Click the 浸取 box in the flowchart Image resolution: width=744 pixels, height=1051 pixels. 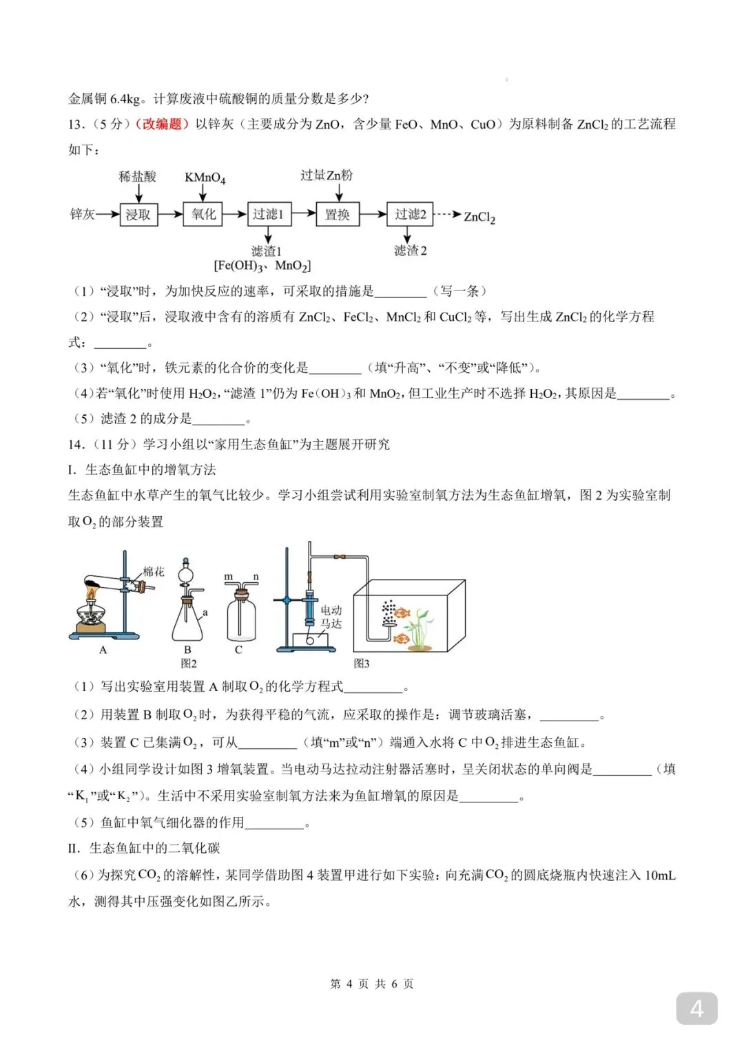click(138, 215)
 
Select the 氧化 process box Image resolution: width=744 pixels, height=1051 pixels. click(203, 215)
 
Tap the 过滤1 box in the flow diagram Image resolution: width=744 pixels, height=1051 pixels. click(268, 215)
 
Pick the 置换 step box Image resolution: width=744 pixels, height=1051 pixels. click(337, 215)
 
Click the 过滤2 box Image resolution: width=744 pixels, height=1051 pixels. click(410, 215)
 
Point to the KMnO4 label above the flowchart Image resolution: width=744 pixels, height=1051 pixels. click(205, 178)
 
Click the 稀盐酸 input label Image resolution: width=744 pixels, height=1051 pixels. click(138, 177)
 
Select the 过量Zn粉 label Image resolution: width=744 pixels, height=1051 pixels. click(327, 176)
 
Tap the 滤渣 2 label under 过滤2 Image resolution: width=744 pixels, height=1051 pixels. click(410, 251)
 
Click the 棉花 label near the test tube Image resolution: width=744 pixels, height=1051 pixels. click(154, 571)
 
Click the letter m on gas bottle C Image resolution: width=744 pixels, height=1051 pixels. click(229, 577)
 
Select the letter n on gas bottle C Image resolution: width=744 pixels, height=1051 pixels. click(256, 577)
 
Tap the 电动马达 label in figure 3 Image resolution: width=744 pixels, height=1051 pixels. click(331, 617)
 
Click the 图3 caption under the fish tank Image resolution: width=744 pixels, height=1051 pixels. click(361, 663)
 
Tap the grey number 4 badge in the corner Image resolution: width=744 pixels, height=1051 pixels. click(696, 1009)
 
